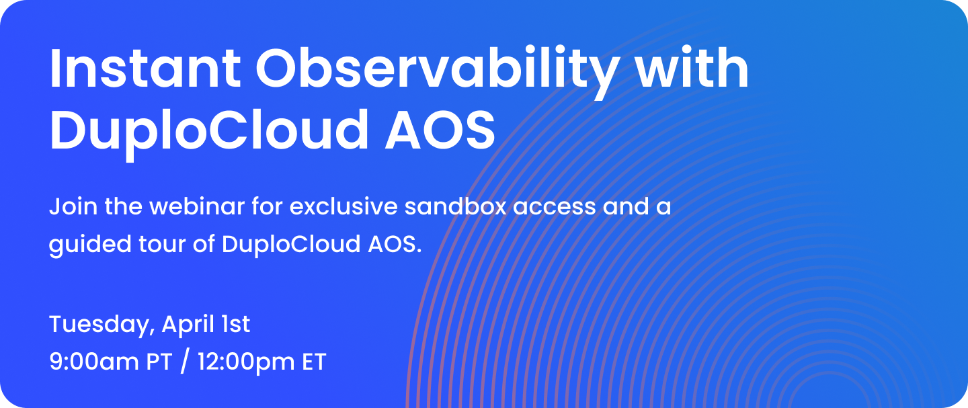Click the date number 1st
pyautogui.click(x=235, y=325)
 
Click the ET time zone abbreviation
pyautogui.click(x=314, y=362)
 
